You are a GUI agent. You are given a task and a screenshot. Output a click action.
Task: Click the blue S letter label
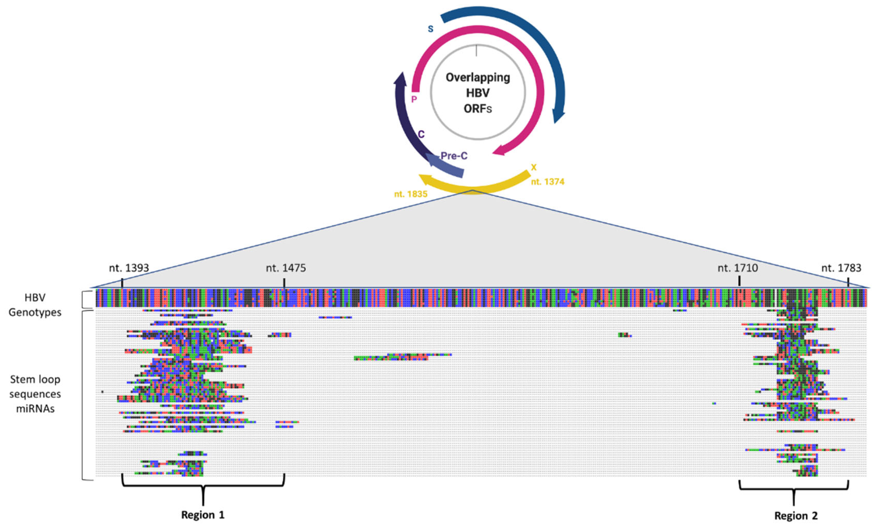(x=430, y=29)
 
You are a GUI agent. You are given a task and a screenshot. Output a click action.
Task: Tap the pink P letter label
(x=414, y=99)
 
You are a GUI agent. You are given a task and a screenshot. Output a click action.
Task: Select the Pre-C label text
(x=454, y=156)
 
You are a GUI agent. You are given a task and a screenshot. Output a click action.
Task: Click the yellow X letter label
(x=533, y=167)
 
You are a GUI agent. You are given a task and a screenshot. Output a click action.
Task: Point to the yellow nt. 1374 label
(x=548, y=182)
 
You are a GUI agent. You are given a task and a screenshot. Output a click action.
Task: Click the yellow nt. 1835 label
(x=411, y=194)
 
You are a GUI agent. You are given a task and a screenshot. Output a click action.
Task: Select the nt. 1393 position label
(x=129, y=268)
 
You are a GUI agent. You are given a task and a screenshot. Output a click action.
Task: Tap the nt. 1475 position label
(x=286, y=268)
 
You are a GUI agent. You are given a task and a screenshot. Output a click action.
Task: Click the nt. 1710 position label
(x=738, y=268)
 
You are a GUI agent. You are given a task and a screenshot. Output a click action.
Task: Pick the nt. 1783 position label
(x=841, y=268)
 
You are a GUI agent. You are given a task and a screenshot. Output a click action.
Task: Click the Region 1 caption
(x=203, y=515)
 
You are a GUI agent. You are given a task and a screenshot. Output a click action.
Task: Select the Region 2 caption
(x=796, y=516)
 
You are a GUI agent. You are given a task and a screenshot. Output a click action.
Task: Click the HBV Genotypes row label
(x=35, y=305)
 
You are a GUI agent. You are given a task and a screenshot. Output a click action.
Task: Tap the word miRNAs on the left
(x=35, y=409)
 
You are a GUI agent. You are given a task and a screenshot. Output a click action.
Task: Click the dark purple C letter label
(x=421, y=134)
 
